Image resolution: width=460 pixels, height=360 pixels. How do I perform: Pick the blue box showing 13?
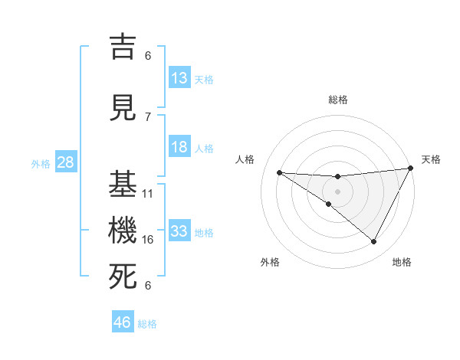coord(179,78)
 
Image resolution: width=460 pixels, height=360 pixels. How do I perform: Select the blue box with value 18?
coord(179,147)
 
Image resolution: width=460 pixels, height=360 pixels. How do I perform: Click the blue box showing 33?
coord(179,231)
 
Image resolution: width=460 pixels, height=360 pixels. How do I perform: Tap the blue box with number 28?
coord(65,162)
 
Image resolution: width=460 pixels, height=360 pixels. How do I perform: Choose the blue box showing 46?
coord(123,322)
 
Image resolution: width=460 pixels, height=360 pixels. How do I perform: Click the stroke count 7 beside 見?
coord(148,117)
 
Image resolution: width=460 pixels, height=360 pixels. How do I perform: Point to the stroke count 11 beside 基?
coord(148,194)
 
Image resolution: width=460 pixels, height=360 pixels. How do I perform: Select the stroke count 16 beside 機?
coord(148,240)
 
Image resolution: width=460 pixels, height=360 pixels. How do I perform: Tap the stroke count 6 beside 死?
coord(148,286)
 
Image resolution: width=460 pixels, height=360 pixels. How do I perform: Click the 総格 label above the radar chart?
coord(337,100)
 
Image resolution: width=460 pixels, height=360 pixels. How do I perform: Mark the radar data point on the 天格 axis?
coord(411,169)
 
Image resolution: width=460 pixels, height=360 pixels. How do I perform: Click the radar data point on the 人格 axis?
coord(279,172)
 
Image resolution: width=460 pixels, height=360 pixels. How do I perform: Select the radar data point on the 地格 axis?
coord(373,242)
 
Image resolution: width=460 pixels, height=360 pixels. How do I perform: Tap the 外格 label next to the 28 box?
coord(40,163)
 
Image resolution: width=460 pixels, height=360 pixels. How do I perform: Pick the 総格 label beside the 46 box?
coord(147,324)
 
